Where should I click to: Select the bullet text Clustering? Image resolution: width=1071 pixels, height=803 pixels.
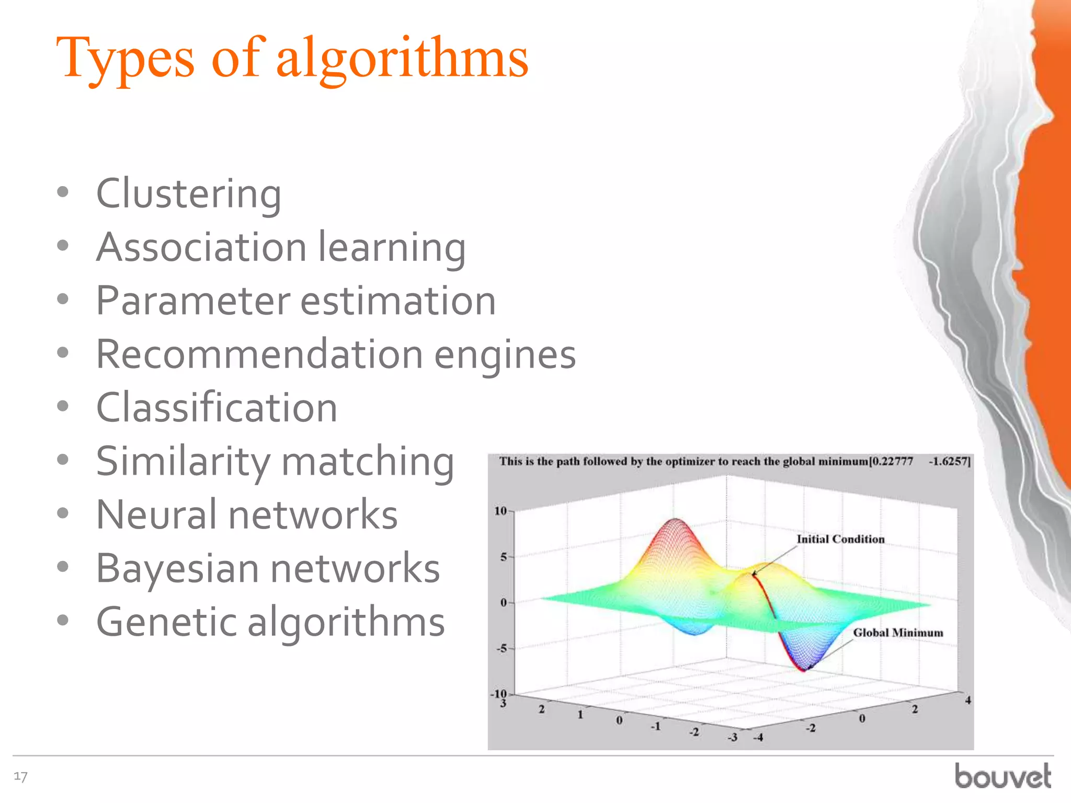coord(188,194)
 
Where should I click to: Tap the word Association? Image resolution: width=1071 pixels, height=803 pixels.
coord(201,247)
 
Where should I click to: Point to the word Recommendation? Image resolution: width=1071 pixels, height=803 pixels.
coord(259,354)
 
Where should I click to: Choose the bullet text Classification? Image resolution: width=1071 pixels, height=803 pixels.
coord(217,408)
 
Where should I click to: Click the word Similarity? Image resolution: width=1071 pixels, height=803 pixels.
coord(183,462)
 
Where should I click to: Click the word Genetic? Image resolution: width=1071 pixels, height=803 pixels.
coord(166,622)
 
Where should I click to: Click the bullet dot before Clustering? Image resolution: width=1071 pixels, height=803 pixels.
coord(63,192)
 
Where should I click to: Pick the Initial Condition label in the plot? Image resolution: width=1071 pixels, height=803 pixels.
coord(840,539)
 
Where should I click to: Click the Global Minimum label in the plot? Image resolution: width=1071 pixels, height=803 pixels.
coord(897,633)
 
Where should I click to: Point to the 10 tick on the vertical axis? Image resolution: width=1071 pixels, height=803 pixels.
coord(500,511)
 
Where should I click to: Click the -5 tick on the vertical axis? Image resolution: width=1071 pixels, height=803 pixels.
coord(502,648)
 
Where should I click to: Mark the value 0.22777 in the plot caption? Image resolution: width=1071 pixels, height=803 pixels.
coord(892,461)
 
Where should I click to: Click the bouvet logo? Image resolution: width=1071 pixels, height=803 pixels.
coord(1002,776)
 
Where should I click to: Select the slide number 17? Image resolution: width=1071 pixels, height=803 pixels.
coord(20,776)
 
